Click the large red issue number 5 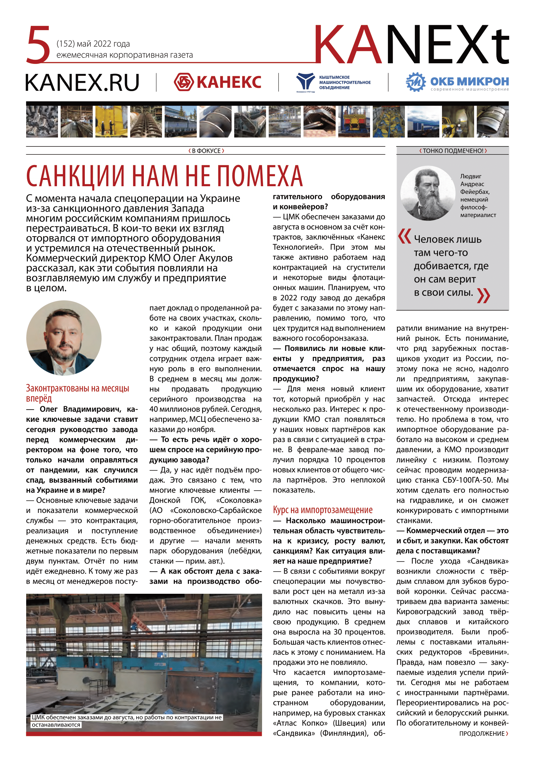coord(38,45)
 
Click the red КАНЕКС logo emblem coord(184,82)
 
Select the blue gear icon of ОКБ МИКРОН coord(416,82)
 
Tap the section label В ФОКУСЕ coord(206,151)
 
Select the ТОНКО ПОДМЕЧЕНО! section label coord(453,151)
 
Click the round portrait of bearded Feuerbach coord(428,193)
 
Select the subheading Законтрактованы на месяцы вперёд coord(77,393)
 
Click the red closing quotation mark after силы coord(484,295)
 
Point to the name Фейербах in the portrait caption coord(475,192)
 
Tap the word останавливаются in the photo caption coord(56,725)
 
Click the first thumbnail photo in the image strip coord(42,122)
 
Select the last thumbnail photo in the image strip coord(492,122)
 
